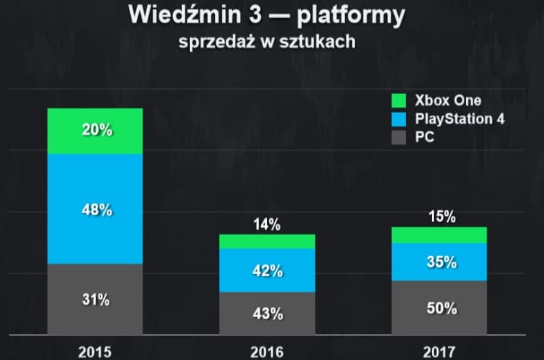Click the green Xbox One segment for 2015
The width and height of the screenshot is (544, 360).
(x=95, y=131)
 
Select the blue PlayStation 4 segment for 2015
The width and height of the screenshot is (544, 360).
(x=95, y=209)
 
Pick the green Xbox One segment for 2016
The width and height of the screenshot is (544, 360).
(x=267, y=241)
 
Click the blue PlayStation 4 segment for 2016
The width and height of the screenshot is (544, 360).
(x=267, y=271)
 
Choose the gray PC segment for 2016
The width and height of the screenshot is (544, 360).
(x=267, y=314)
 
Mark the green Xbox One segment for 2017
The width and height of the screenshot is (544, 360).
(x=439, y=235)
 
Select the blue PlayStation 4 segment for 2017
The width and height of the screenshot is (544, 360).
(x=439, y=262)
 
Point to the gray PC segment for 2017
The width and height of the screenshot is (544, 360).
(x=439, y=308)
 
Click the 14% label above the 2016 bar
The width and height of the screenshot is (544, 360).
(x=267, y=225)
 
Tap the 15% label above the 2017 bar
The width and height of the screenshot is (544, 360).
(x=441, y=216)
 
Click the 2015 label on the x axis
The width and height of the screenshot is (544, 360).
(x=95, y=352)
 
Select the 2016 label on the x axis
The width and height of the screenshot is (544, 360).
(x=267, y=352)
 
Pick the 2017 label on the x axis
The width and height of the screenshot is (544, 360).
(x=439, y=352)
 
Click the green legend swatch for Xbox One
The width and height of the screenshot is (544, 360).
(x=399, y=100)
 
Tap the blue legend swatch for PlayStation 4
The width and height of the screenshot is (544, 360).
(x=399, y=119)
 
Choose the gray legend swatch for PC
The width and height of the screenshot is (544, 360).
(x=399, y=136)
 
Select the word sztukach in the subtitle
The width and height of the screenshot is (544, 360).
(x=321, y=42)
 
